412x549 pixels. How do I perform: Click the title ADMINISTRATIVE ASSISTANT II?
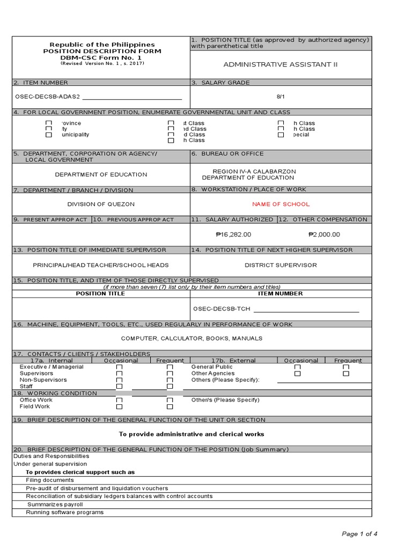coord(281,65)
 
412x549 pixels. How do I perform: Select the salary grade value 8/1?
coord(281,97)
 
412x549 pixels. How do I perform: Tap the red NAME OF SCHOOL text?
coord(281,204)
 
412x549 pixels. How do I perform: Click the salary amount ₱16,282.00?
coord(233,234)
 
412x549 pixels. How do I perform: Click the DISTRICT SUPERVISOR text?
coord(281,265)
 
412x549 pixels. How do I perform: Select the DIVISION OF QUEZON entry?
coord(101,204)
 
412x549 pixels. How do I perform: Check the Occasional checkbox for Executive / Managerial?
coord(119,367)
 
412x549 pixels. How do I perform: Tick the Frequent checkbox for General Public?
coord(346,367)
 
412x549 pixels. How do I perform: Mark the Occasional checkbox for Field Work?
coord(119,407)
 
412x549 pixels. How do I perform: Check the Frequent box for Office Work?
coord(170,400)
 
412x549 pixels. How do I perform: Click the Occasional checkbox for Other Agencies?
coord(297,374)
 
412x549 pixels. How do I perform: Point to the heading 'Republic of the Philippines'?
coord(102,44)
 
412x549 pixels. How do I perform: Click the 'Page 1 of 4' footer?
coord(359,533)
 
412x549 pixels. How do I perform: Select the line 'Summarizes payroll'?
coord(55,505)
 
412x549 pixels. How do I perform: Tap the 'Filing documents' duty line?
coord(50,480)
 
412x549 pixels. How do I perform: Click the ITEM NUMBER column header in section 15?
coord(280,294)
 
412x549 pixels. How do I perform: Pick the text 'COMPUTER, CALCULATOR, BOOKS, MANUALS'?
coord(192,339)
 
